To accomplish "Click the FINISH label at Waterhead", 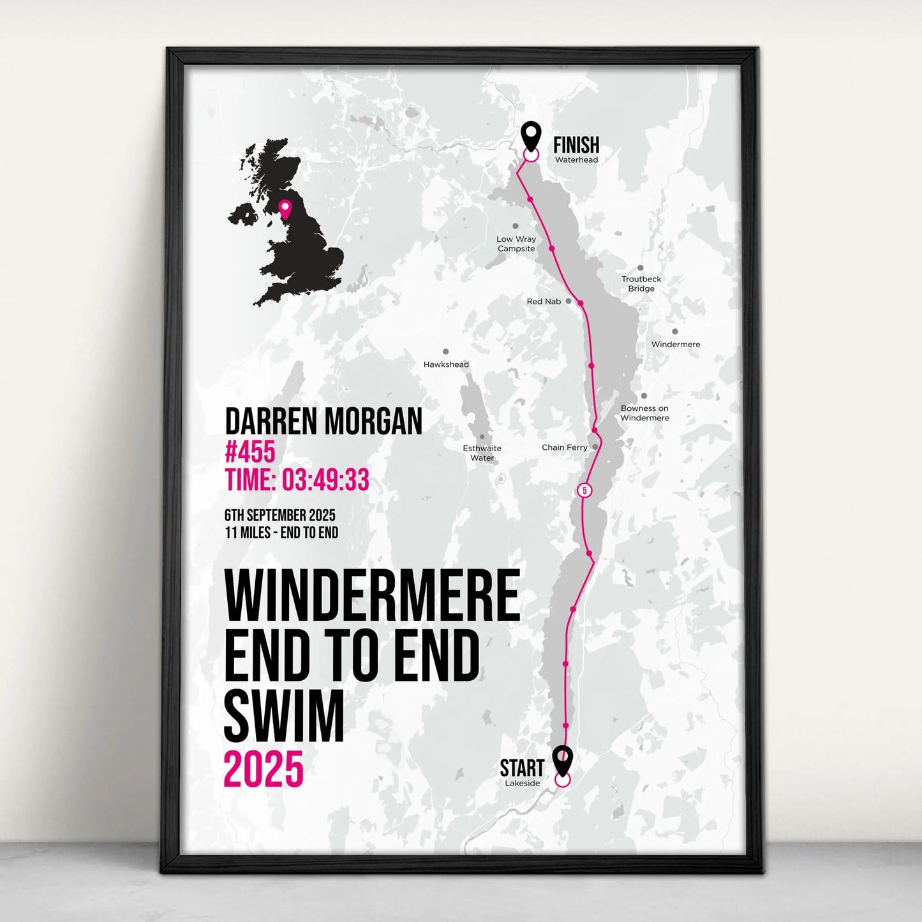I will click(576, 145).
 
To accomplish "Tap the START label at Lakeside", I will click(521, 768).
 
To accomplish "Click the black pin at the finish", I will click(531, 135).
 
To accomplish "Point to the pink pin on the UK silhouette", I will click(285, 208).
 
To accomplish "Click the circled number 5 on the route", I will click(584, 490).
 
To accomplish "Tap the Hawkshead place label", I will click(446, 364).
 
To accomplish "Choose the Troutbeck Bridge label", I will click(641, 284).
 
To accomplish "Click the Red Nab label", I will click(544, 301).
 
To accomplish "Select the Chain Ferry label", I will click(564, 447).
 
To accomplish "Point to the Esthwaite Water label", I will click(482, 453).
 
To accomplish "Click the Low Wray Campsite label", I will click(516, 244).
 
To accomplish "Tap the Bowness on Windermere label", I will click(644, 413).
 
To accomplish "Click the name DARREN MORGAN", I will click(323, 421).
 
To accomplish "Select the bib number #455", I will click(250, 452).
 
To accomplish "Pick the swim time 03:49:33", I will click(325, 480).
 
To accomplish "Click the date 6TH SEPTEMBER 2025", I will click(279, 515).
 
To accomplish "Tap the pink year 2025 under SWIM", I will click(263, 769).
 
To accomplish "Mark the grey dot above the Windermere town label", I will click(675, 332).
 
